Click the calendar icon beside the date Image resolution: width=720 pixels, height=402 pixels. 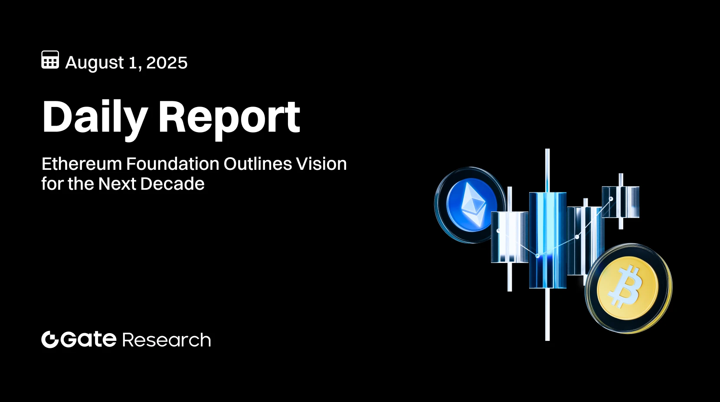tap(50, 60)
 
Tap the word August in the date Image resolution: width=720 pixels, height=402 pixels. tap(95, 63)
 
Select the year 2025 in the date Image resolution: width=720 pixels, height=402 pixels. tap(167, 63)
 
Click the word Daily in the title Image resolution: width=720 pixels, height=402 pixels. tap(95, 117)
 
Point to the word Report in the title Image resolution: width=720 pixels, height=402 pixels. tap(229, 117)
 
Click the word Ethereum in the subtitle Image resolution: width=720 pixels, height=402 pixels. tap(82, 164)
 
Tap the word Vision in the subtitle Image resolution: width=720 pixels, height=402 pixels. tap(321, 164)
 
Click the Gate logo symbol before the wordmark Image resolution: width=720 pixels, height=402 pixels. tap(49, 340)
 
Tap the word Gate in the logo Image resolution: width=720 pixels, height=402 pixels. tap(88, 339)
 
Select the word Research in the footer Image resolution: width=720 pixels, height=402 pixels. tap(167, 340)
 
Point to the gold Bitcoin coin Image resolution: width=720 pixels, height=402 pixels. tap(628, 288)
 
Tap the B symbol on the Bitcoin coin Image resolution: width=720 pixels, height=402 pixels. tap(625, 286)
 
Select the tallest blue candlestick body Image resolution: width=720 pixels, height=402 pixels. tap(547, 240)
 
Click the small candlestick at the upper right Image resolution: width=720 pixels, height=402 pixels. tap(621, 201)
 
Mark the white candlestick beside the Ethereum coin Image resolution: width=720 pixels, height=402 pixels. tap(510, 237)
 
